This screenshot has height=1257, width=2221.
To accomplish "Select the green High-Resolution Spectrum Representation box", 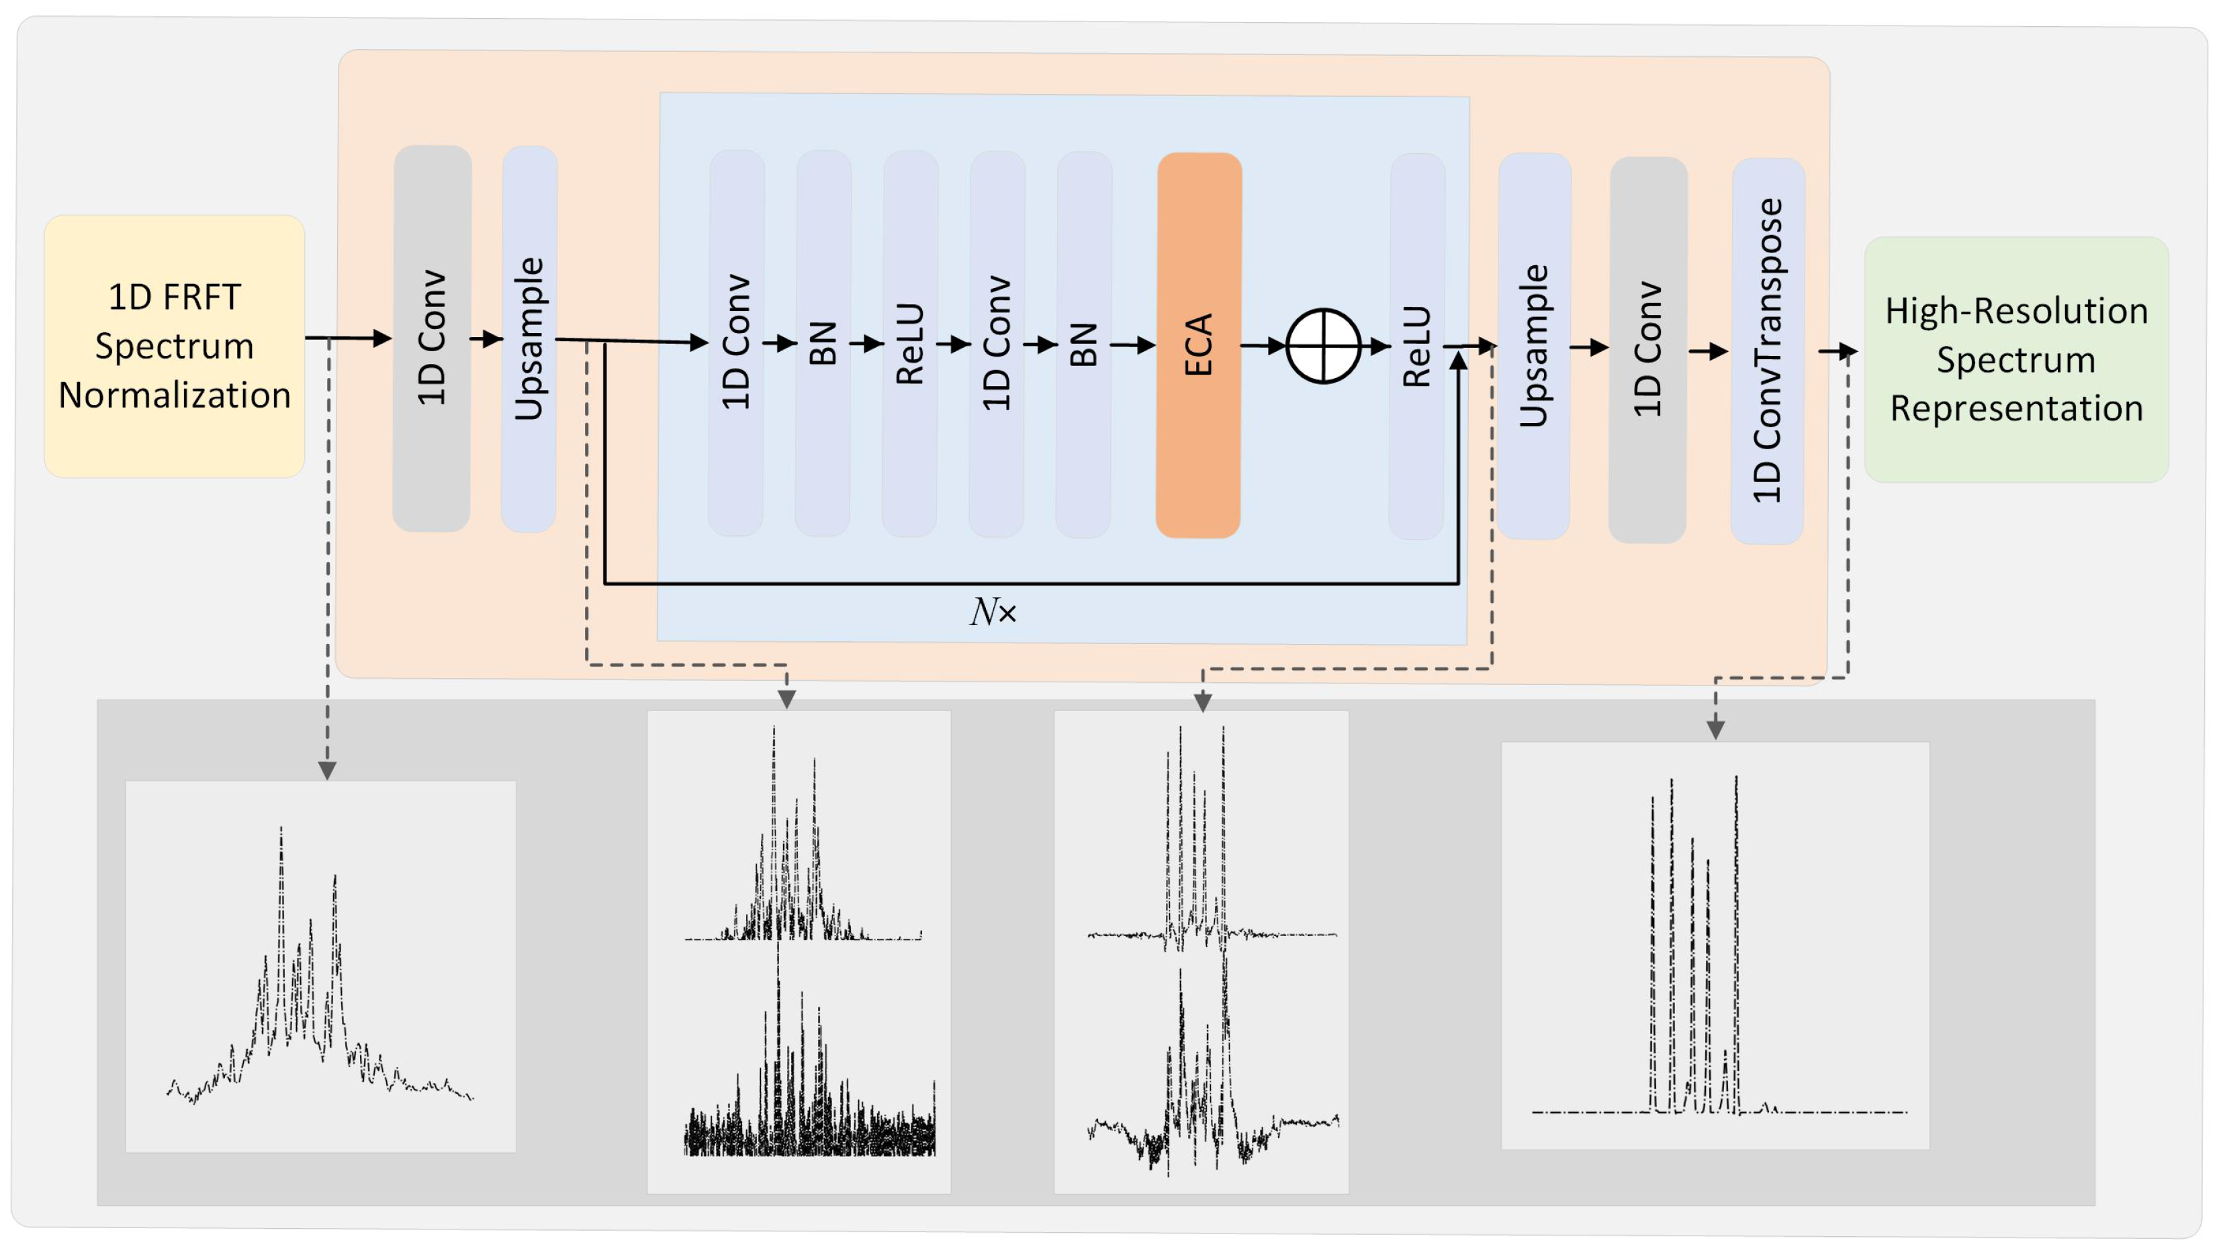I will tap(2015, 359).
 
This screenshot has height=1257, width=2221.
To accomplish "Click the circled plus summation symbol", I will tap(1323, 345).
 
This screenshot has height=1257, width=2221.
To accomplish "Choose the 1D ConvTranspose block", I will tap(1767, 351).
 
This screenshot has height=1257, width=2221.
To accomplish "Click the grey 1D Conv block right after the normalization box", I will tap(432, 338).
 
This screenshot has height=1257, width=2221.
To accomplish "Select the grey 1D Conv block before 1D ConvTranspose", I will tap(1647, 350).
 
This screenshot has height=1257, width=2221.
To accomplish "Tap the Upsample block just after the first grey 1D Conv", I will tap(529, 338).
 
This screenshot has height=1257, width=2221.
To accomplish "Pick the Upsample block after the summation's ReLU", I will tap(1534, 346).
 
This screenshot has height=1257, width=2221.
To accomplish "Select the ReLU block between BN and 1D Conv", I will tap(909, 344).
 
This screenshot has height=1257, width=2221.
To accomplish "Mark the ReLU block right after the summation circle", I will tap(1416, 346).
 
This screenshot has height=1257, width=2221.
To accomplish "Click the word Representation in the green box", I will tap(2015, 408).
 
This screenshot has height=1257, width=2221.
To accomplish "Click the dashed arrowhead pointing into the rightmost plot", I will tap(1715, 729).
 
